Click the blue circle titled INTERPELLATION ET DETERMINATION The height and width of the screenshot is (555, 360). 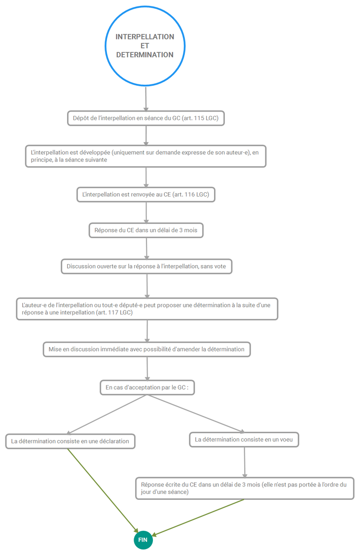145,7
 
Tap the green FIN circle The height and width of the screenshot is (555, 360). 143,540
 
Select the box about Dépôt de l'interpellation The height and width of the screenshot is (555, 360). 146,118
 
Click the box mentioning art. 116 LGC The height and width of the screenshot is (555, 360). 146,195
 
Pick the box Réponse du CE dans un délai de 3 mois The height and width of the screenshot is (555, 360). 146,230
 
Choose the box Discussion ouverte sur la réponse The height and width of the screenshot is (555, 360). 146,267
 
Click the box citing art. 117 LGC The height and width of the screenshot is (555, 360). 147,309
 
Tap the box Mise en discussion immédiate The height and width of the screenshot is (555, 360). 146,349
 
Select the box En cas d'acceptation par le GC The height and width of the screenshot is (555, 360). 147,387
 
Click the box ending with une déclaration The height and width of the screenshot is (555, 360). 70,441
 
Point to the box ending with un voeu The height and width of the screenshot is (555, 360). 244,440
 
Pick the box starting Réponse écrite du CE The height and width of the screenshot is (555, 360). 245,488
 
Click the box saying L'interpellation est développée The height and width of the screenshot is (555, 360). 145,156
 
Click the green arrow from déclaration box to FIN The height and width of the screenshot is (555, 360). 103,491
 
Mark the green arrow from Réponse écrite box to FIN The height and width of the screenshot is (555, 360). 198,517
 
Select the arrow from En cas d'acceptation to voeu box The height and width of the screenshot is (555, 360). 196,414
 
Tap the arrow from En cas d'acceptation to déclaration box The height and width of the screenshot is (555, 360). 107,415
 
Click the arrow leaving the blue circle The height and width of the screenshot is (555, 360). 145,99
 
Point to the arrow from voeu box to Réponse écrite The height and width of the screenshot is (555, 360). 244,462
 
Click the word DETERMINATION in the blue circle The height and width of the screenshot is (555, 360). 145,55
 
